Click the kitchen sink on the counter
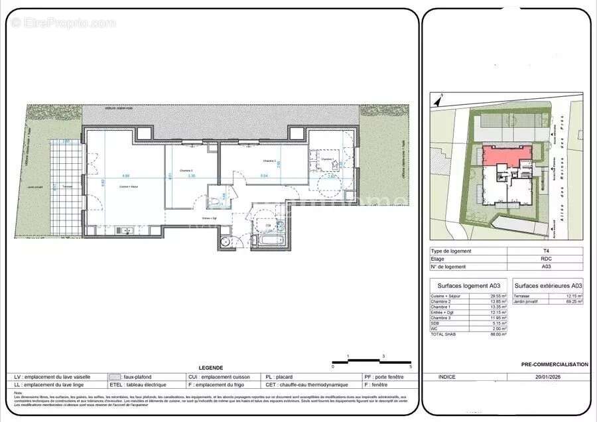124,230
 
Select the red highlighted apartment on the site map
506,155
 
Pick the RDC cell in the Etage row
545,258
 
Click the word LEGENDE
211,368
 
